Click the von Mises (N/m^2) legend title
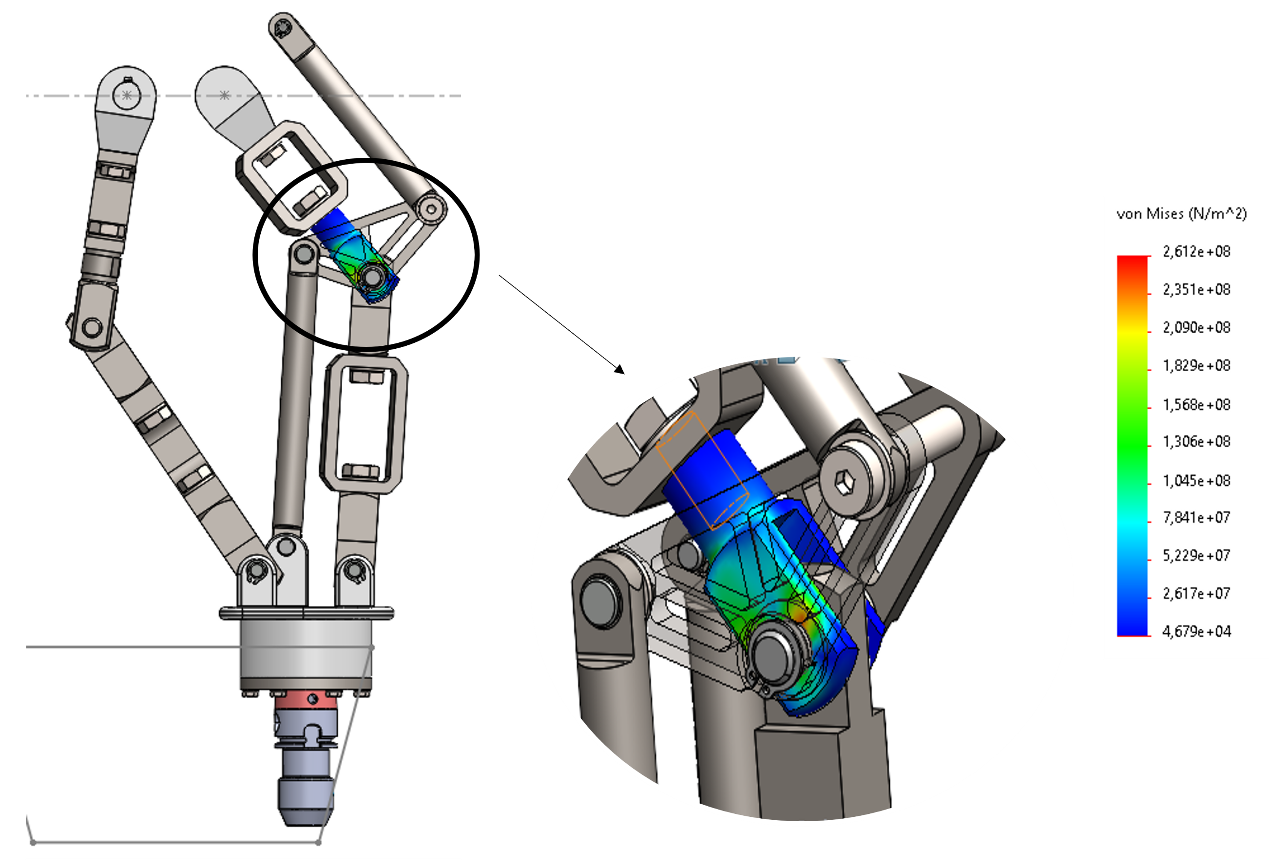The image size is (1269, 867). [x=1182, y=214]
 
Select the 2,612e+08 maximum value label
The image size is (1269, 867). [x=1196, y=251]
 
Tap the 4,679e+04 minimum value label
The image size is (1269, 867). [x=1196, y=631]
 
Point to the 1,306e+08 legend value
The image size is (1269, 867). [x=1196, y=441]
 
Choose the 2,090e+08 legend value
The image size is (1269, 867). [x=1196, y=327]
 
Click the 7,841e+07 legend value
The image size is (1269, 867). [x=1196, y=517]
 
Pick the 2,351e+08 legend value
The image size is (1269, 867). [x=1196, y=289]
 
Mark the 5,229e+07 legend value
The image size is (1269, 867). [x=1196, y=555]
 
